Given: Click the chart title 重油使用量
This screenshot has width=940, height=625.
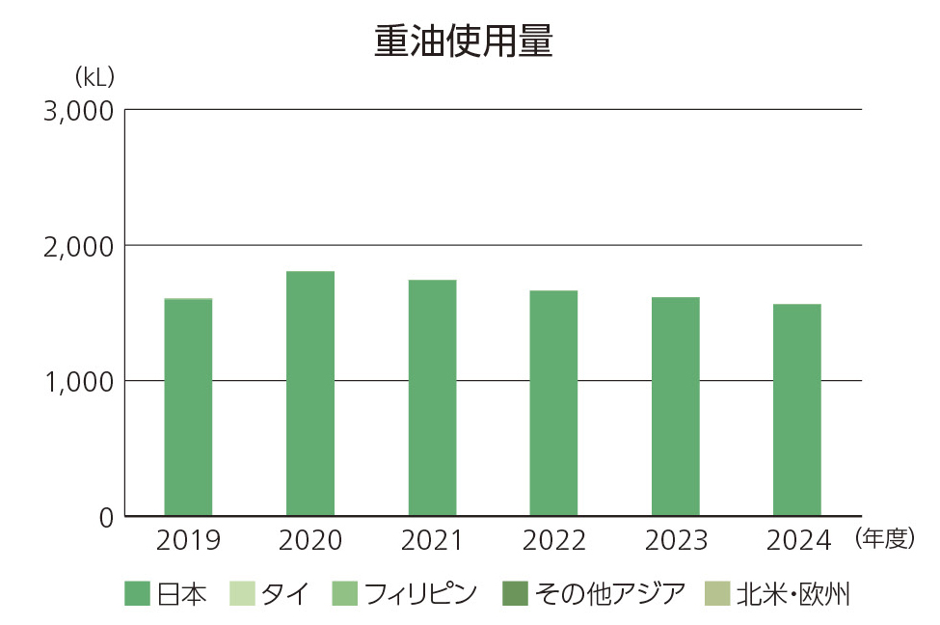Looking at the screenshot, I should (x=463, y=42).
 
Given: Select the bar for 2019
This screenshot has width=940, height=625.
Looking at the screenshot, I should (x=188, y=407).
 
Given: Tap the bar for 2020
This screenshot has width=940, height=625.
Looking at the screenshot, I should (x=310, y=394).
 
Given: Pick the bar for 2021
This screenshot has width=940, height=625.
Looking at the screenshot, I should (x=432, y=397).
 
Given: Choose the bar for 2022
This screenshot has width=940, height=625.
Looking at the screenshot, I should (x=553, y=403).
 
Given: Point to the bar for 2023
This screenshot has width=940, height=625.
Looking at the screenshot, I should (x=675, y=406).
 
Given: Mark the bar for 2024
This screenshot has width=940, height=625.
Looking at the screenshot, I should (x=797, y=410).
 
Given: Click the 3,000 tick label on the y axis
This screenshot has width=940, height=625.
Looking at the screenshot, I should (x=79, y=111).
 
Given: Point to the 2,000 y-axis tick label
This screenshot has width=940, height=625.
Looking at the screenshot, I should (x=79, y=246).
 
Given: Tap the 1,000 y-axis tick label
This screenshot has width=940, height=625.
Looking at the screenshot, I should (x=79, y=381).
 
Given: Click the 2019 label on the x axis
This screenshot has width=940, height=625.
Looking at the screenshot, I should (x=188, y=541).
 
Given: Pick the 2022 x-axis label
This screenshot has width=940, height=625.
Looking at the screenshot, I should (x=553, y=541).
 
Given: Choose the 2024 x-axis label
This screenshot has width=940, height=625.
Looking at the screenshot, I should (x=797, y=541).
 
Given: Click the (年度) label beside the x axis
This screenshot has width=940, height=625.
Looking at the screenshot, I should (x=883, y=539).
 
